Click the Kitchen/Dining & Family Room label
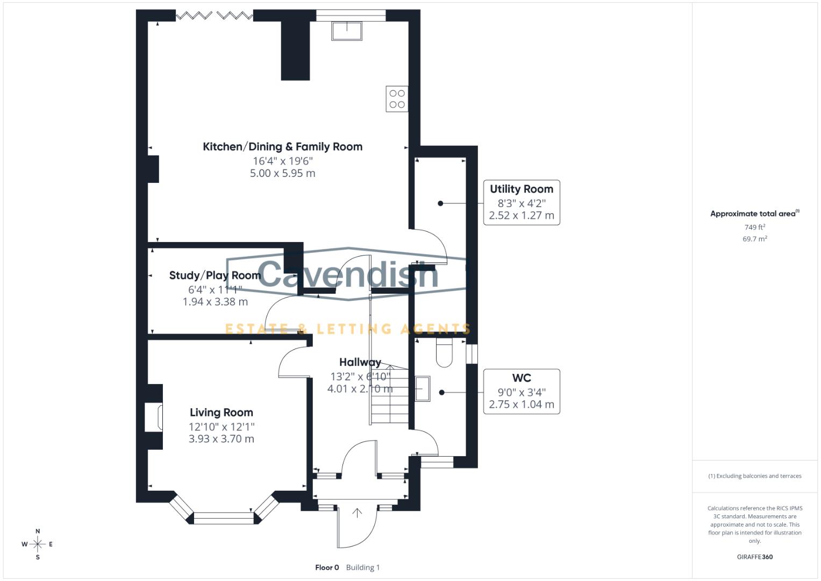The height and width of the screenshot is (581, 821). point(282,147)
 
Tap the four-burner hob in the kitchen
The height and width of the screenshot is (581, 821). point(397,99)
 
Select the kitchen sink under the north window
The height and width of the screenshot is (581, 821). point(347,31)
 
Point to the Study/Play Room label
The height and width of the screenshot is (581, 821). point(215,275)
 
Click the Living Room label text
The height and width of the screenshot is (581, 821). point(221,413)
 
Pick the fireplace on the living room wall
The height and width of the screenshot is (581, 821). point(154,417)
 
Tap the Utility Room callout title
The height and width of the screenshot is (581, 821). point(521,189)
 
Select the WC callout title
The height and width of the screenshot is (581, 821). point(521,378)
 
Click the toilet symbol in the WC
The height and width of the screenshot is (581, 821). point(445,353)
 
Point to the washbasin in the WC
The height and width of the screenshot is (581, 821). point(423,388)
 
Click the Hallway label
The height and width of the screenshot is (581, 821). point(360,363)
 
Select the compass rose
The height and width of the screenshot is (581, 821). point(38,544)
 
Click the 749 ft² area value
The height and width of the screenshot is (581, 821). point(754,228)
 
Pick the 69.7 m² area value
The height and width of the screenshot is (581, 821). point(754,239)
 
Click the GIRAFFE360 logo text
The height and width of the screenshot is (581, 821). point(754,557)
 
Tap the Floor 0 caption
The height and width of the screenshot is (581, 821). point(327,568)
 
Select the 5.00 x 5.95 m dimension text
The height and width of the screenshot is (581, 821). point(282,173)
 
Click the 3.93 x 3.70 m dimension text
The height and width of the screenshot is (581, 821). point(221,439)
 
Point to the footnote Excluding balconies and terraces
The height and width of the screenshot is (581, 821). point(755,476)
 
